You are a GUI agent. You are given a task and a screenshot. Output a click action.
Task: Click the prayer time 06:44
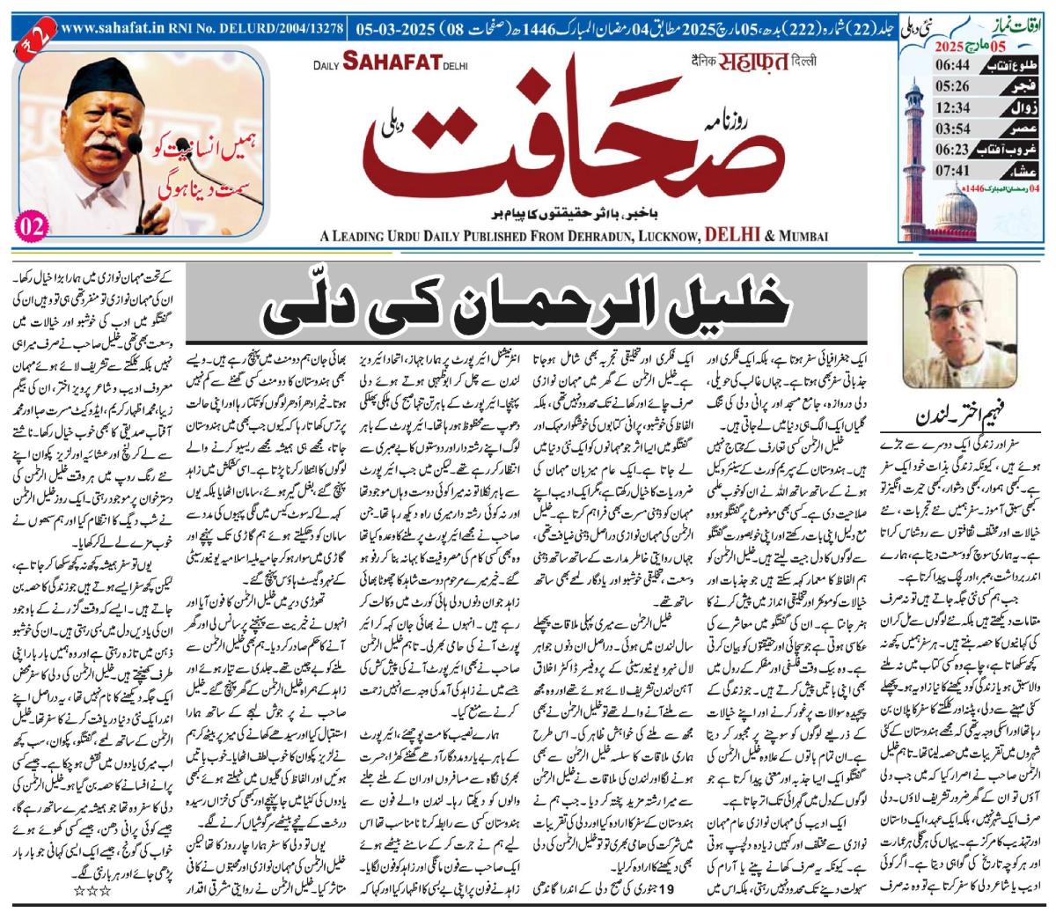tap(935, 63)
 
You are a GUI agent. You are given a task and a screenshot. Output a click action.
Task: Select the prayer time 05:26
tap(935, 85)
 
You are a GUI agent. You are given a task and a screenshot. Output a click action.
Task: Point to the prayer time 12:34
tap(935, 107)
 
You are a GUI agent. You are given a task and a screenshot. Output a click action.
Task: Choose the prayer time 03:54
tap(935, 129)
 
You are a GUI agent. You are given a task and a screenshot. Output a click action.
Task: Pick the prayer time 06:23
tap(935, 151)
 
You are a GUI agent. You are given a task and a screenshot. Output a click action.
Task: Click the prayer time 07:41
tap(935, 173)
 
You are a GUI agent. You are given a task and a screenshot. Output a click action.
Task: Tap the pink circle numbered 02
tap(28, 225)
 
